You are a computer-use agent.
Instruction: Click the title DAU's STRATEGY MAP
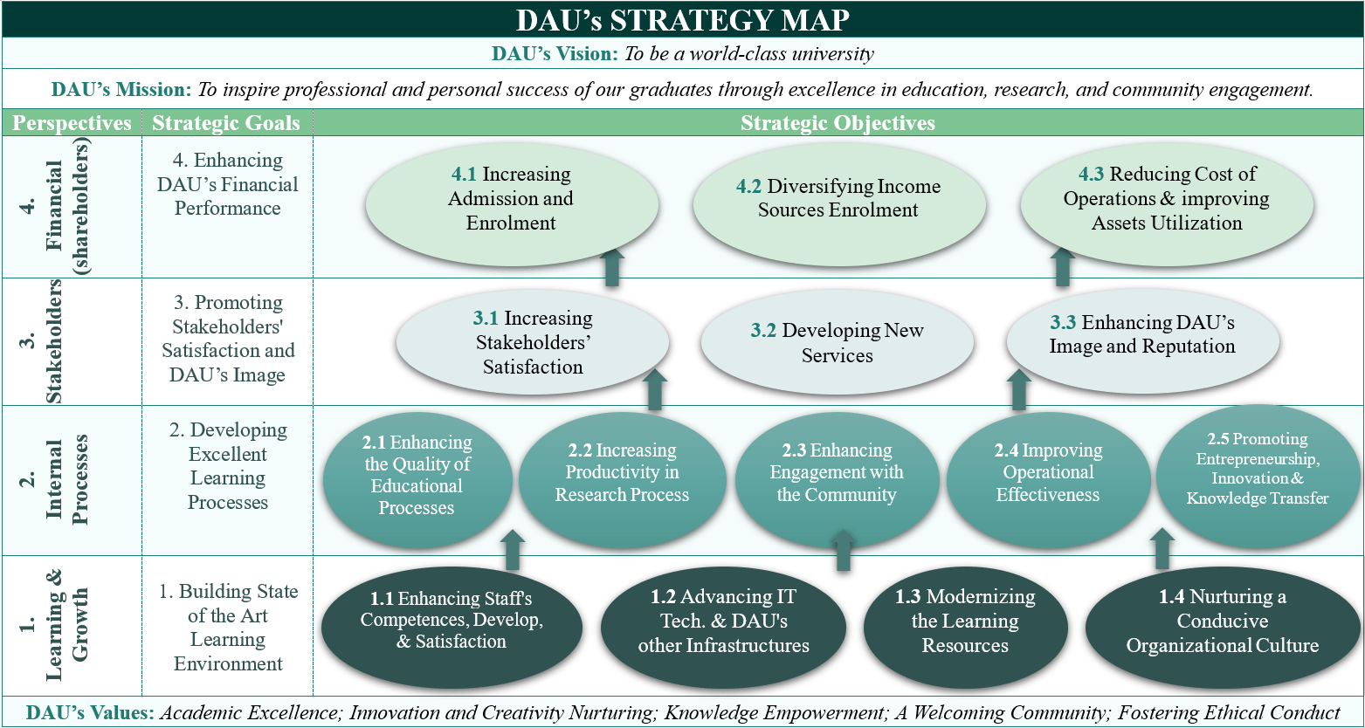[683, 19]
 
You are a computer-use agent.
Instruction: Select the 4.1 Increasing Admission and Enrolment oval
[512, 204]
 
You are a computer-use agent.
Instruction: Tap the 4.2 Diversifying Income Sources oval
[839, 204]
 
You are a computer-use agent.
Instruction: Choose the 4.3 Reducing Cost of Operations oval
[1167, 204]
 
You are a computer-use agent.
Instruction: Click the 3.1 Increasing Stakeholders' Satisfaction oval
[533, 342]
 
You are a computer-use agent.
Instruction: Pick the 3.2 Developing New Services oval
[838, 342]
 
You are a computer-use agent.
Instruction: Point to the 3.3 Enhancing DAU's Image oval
[1142, 342]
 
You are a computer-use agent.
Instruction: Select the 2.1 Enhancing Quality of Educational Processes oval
[417, 479]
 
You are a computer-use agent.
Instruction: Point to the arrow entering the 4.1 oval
[612, 267]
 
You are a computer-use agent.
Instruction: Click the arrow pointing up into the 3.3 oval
[1019, 390]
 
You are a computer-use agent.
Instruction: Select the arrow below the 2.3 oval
[844, 550]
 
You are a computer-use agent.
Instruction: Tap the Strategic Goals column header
[226, 123]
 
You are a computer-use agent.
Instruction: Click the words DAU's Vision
[555, 53]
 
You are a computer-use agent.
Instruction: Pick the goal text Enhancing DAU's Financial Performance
[227, 184]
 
